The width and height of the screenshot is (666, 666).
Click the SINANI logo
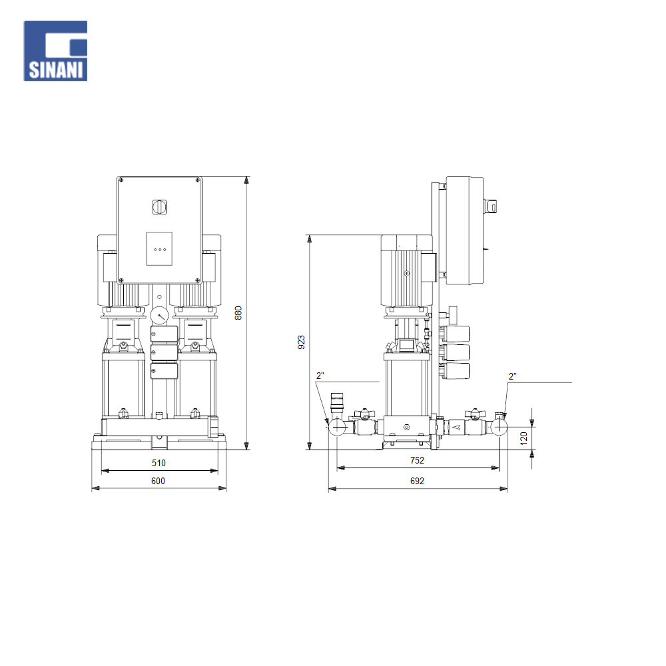click(x=56, y=51)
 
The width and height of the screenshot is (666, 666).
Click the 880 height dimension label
click(x=238, y=313)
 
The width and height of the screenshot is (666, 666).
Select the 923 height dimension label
click(x=301, y=342)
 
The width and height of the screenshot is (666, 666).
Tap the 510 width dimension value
click(x=159, y=463)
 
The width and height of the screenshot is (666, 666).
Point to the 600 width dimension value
click(x=158, y=481)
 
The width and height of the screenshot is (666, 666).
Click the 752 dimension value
click(x=417, y=460)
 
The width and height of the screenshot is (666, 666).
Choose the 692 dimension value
click(x=417, y=481)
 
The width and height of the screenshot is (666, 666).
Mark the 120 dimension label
click(x=523, y=438)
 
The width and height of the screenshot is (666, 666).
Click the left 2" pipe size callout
click(x=320, y=376)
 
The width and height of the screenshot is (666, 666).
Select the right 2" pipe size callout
click(x=513, y=376)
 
